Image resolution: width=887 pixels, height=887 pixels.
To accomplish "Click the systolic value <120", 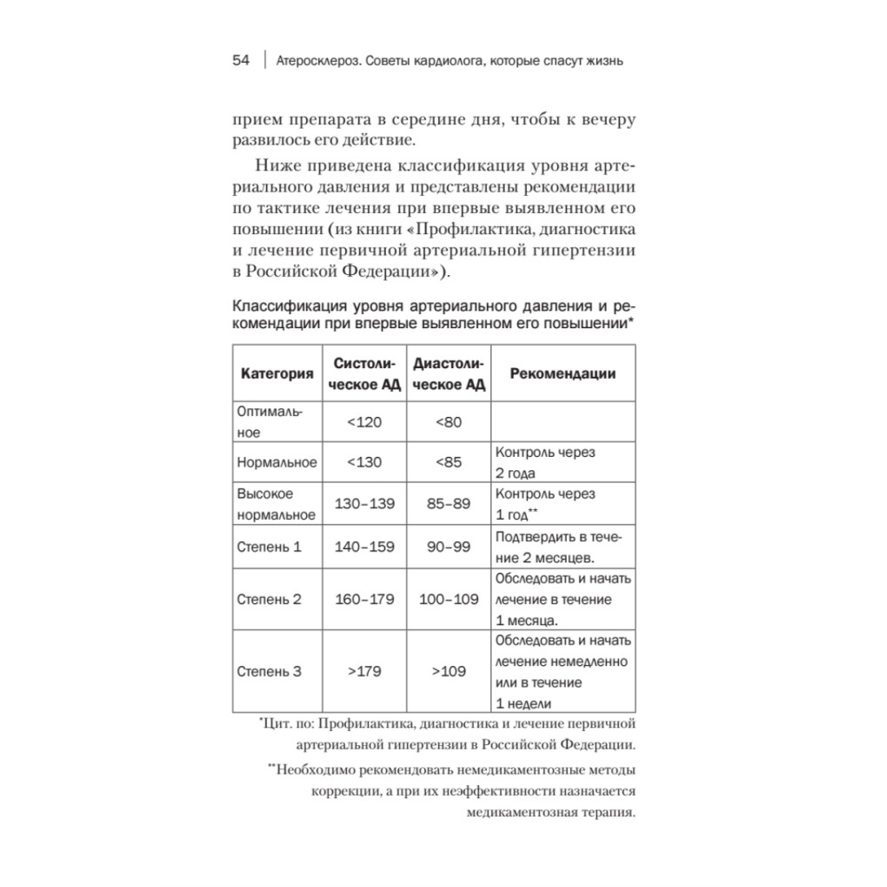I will coord(365,422).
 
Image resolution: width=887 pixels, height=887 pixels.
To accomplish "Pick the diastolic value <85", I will coord(449,461).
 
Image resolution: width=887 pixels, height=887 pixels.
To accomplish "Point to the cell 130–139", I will coord(365,503).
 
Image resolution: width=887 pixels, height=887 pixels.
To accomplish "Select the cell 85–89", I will coord(449,503).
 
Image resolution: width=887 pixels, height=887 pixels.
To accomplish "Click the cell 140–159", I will coord(365,546).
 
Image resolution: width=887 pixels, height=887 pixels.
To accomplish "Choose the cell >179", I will coord(365,671).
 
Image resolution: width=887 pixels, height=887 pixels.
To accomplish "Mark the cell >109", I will coord(449,671).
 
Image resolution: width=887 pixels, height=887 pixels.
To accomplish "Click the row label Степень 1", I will coord(270,546).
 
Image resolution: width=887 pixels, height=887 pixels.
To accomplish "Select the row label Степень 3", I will coord(270,671).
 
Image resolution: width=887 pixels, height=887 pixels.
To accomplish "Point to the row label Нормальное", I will coord(278,462).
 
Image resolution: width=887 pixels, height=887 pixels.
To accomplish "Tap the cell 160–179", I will coord(365,599).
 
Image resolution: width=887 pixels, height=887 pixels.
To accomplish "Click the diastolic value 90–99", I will coord(449,546).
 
